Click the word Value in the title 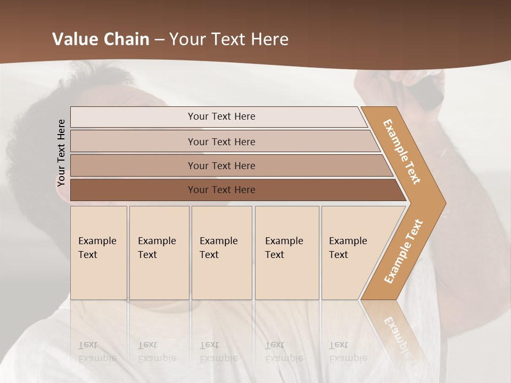[x=74, y=39]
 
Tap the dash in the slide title [x=159, y=40]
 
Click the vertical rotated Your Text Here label [x=61, y=153]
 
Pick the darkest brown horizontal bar [x=234, y=190]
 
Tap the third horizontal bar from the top [x=229, y=165]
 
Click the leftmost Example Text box [x=98, y=253]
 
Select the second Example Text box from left [x=159, y=253]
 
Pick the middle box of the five [x=221, y=253]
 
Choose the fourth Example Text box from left [x=287, y=253]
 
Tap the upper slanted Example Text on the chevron [x=402, y=152]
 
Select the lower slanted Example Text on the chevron [x=403, y=251]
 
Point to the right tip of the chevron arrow [x=444, y=203]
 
